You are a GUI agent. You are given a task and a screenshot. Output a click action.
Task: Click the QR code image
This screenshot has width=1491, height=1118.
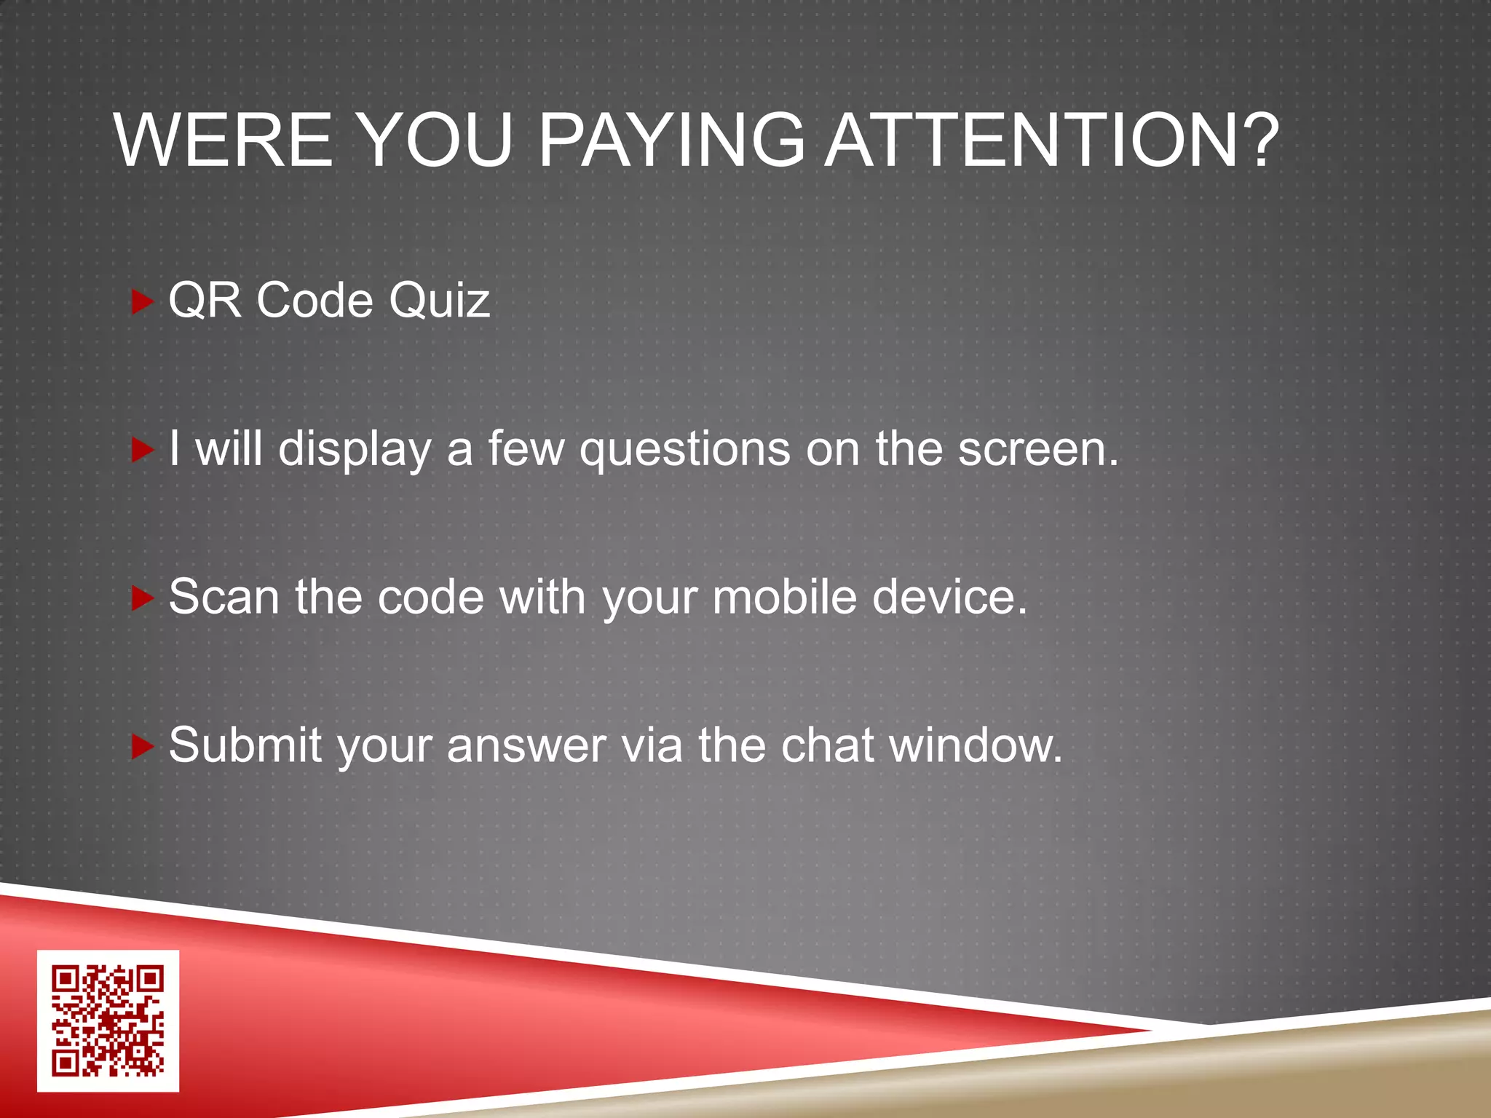[x=108, y=1020]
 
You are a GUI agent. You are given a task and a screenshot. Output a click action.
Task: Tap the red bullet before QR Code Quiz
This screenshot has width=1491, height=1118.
[x=141, y=301]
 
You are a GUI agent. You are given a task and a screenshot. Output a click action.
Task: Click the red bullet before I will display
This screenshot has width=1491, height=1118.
[x=141, y=450]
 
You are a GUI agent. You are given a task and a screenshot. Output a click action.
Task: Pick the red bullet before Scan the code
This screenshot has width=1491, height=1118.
[x=141, y=598]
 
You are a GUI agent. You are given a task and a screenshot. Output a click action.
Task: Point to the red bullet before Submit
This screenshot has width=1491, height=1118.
[x=141, y=747]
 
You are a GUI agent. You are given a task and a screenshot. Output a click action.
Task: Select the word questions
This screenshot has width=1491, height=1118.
[x=684, y=450]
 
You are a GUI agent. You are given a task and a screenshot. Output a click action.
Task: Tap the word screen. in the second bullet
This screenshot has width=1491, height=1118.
[x=1038, y=448]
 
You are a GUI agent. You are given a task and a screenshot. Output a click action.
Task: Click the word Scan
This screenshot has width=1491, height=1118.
[x=224, y=597]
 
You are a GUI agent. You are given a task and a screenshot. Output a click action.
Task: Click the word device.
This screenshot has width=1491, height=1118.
[x=949, y=597]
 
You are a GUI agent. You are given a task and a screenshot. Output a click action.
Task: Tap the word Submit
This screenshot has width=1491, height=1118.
[x=245, y=745]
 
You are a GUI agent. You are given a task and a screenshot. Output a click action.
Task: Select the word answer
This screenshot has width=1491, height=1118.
[x=526, y=747]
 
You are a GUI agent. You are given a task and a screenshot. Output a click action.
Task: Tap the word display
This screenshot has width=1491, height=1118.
[x=355, y=450]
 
